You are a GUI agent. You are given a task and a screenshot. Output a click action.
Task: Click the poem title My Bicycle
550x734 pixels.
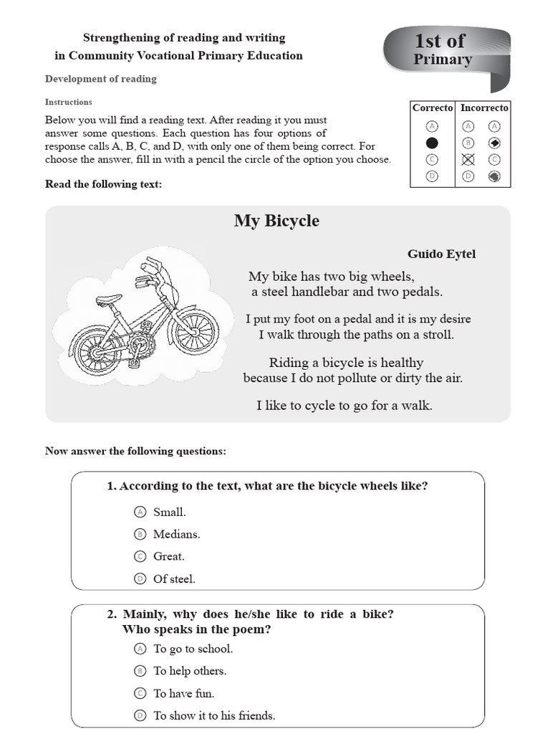[x=276, y=220]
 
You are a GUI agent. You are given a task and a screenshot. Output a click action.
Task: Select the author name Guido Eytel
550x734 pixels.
[x=441, y=254]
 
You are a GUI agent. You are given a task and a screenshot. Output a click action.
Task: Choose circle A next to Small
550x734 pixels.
[x=140, y=512]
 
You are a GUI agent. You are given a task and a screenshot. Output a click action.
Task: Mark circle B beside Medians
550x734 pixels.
[x=140, y=534]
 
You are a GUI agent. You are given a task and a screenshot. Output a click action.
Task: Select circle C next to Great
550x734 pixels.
[x=140, y=556]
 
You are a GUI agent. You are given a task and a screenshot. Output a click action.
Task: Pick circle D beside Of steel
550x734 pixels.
[x=140, y=578]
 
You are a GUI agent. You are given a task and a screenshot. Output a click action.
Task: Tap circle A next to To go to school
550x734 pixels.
[x=140, y=649]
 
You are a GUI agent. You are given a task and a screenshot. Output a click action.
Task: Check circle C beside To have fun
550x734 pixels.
[x=140, y=693]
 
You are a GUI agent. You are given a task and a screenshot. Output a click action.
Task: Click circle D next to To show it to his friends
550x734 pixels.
[x=140, y=715]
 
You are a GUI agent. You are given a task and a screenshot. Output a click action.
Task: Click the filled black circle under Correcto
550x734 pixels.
[x=432, y=143]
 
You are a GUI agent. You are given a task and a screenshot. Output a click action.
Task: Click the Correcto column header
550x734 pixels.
[x=432, y=108]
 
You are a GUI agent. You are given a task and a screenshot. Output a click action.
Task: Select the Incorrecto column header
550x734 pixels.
[x=484, y=108]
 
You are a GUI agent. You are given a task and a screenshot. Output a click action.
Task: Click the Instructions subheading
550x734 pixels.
[x=69, y=102]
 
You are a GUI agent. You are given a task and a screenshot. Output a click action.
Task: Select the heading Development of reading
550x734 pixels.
[x=100, y=79]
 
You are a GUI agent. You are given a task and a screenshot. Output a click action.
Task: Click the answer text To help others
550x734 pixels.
[x=190, y=671]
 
